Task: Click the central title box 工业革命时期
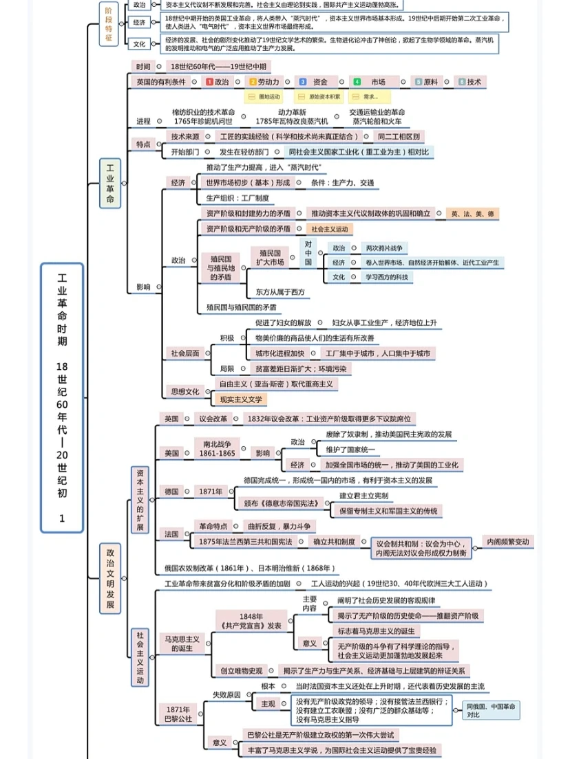tap(61, 398)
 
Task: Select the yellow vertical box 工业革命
tap(109, 183)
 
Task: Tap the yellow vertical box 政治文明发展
tap(109, 578)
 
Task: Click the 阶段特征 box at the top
tap(109, 23)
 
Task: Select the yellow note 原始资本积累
tap(324, 97)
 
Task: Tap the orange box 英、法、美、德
tap(472, 214)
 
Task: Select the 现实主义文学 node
tap(240, 399)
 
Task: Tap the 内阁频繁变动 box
tap(508, 542)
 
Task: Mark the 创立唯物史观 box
tap(241, 670)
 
